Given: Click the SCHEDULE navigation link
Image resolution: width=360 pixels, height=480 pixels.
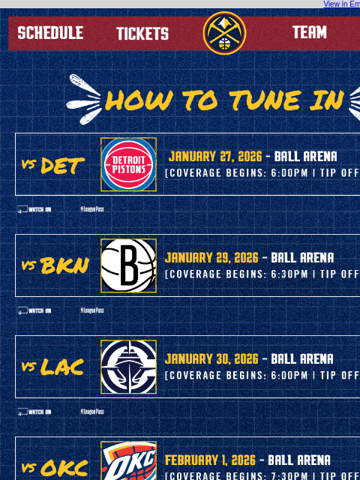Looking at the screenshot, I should (50, 33).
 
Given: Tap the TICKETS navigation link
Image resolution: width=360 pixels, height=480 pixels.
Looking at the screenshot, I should (142, 34).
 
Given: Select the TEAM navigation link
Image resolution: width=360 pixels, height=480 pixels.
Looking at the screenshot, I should (309, 32).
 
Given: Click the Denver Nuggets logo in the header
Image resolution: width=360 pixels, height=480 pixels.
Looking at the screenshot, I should (224, 33).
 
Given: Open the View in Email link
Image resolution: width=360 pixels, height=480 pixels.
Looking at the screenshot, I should (341, 4).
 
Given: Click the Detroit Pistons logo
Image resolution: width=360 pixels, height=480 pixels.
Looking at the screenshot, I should (128, 164).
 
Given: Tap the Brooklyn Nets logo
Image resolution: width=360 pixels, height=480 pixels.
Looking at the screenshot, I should (128, 265).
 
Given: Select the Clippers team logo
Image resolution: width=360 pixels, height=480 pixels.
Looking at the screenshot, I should (128, 367).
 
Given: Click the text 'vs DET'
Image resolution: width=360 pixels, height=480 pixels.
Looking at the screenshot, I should (52, 165).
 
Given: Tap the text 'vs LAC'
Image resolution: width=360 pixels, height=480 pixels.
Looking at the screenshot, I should (52, 367).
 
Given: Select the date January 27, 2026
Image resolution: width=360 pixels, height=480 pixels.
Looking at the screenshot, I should (215, 157).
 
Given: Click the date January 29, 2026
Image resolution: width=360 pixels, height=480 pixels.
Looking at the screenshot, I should (211, 258).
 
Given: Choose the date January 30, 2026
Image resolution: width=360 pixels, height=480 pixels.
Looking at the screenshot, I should (211, 359).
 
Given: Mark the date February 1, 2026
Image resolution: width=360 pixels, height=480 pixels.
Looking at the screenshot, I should (210, 460).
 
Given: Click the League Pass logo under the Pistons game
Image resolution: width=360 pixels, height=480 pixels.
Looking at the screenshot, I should (92, 209).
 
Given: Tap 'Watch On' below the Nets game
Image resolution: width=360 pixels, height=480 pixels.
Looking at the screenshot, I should (34, 310).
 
